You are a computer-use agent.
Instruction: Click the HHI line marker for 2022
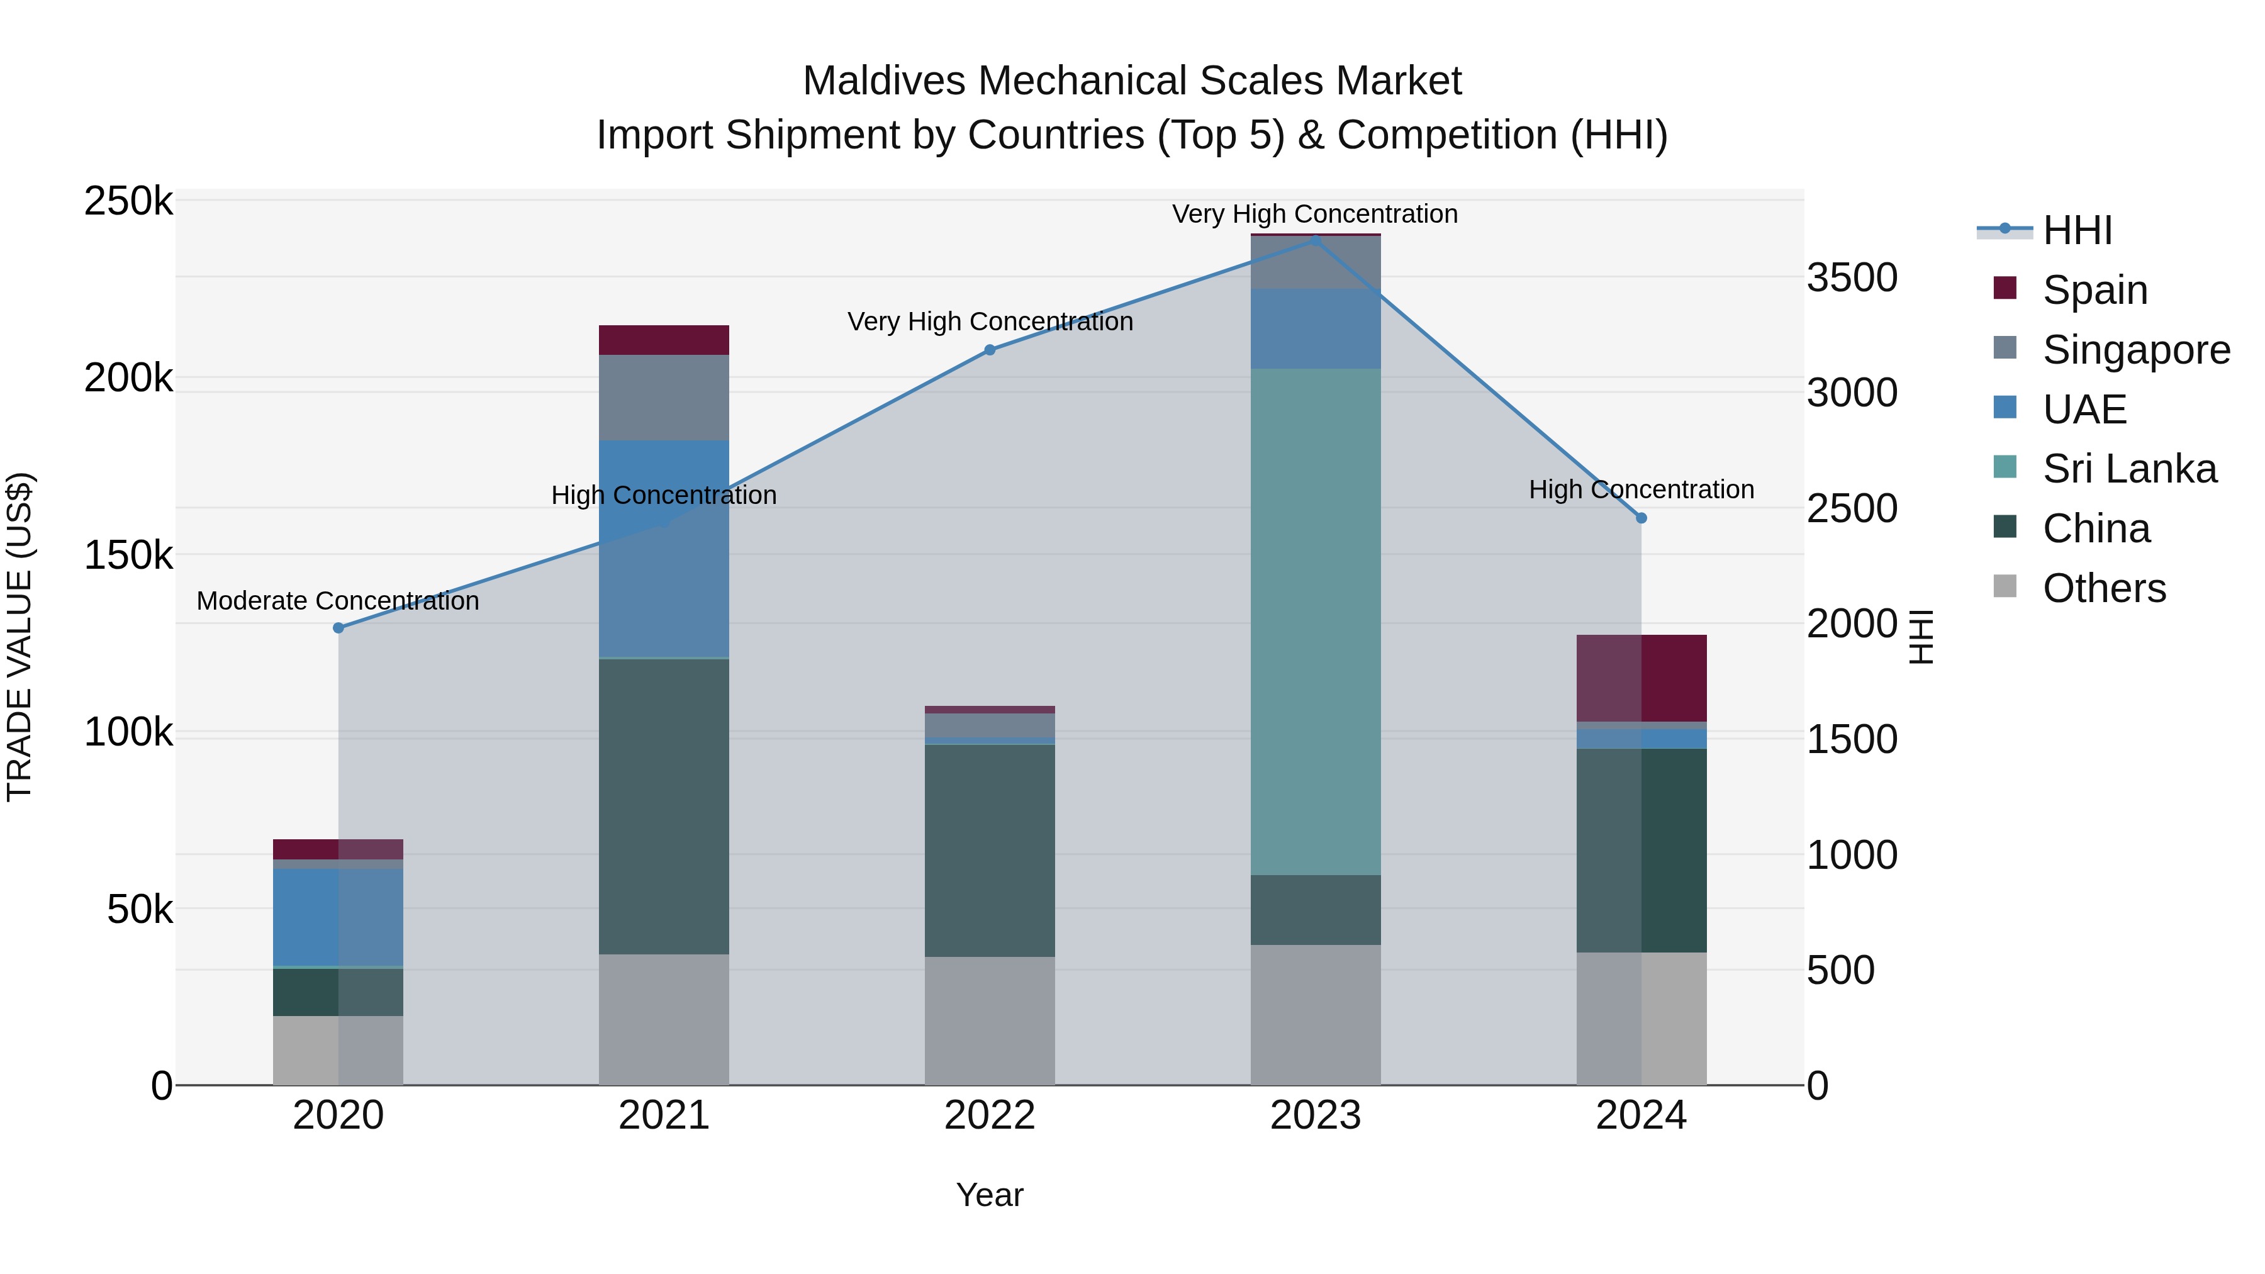tap(989, 350)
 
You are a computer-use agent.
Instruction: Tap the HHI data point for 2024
tap(1641, 518)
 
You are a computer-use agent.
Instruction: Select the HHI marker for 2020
tap(338, 628)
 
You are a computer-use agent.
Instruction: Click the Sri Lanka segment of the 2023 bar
tap(1316, 621)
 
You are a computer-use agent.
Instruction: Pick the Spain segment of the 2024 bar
tap(1641, 678)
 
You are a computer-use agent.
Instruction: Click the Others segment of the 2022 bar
tap(989, 1020)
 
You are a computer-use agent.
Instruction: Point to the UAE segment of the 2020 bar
tap(338, 917)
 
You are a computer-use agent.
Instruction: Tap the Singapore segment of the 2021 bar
tap(664, 398)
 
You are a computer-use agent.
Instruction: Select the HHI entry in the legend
tap(2077, 230)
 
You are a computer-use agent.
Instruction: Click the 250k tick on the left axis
tap(128, 201)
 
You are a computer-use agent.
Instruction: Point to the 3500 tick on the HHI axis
tap(1852, 278)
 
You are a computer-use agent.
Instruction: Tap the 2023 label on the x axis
tap(1316, 1115)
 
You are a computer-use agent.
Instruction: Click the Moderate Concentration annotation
tap(338, 601)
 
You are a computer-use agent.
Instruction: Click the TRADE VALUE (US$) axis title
tap(20, 637)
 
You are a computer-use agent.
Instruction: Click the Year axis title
tap(989, 1195)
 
